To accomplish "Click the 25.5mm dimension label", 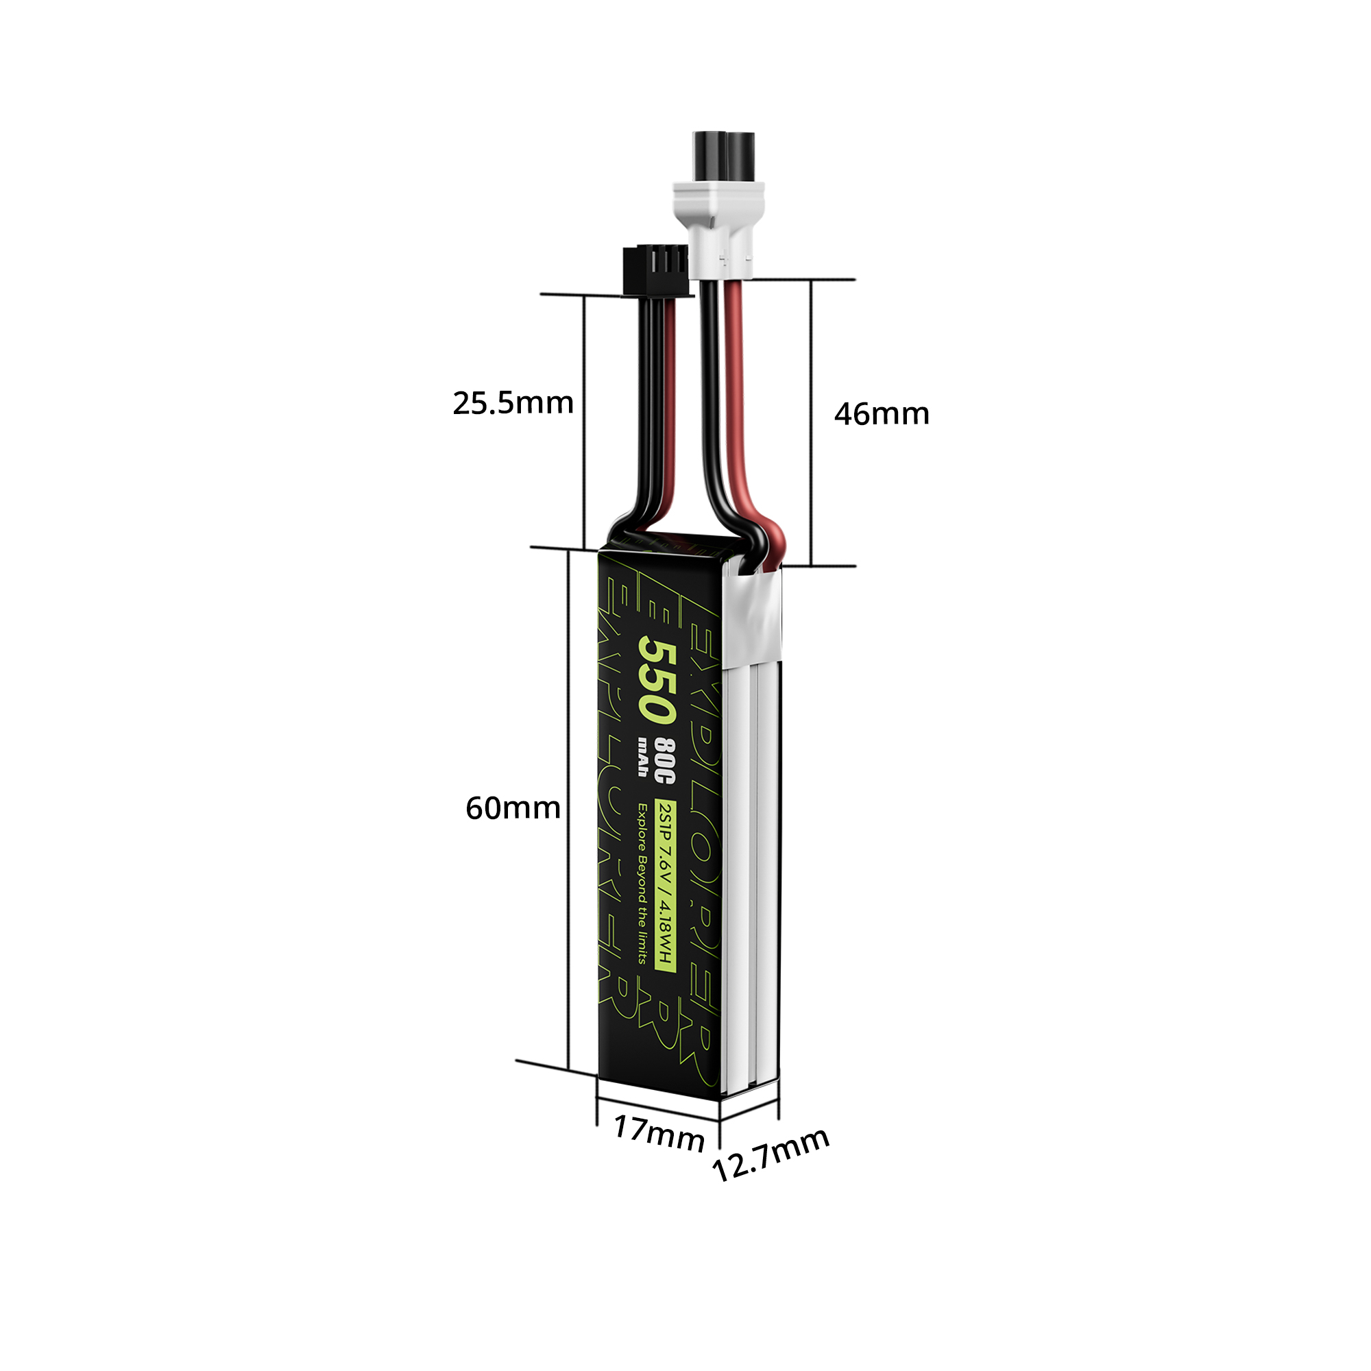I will pyautogui.click(x=512, y=403).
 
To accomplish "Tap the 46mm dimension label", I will pyautogui.click(x=881, y=414).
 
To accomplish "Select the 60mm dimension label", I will pyautogui.click(x=512, y=808).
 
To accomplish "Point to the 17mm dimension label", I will pyautogui.click(x=658, y=1133).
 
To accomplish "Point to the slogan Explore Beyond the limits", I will pyautogui.click(x=642, y=884).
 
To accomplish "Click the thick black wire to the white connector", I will pyautogui.click(x=709, y=398).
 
